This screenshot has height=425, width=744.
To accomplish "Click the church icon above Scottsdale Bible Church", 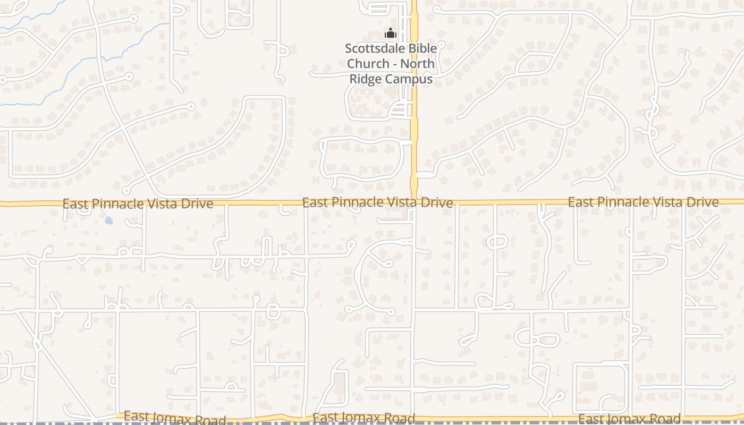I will coord(391,33).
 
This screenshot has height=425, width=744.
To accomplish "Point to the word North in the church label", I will coord(417,64).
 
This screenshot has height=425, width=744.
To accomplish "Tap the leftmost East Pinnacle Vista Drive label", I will coord(138,203).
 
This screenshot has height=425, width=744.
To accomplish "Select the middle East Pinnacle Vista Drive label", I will coord(377,202).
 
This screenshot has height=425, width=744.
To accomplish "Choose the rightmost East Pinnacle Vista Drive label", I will coord(643,202).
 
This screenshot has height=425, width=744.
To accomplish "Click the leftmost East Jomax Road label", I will coord(175,419).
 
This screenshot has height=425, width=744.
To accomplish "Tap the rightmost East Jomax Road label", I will coord(629,419).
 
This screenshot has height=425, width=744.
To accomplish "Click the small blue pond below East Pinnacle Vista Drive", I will coord(109,220).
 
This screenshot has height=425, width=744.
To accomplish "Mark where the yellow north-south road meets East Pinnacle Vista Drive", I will coord(414,202).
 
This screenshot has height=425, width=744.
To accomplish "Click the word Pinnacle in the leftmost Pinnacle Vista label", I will coord(115,203).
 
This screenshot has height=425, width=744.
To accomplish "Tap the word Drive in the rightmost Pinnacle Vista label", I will coord(703,202).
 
